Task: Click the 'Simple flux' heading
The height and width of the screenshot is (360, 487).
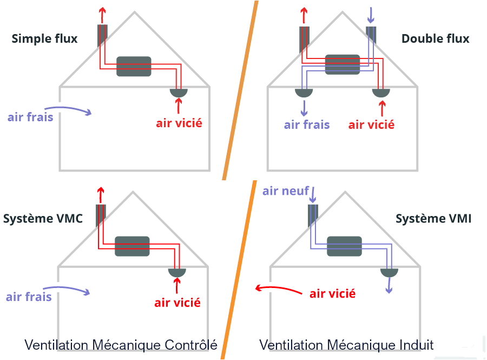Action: pyautogui.click(x=44, y=38)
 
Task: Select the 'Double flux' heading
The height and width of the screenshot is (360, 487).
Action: pyautogui.click(x=435, y=38)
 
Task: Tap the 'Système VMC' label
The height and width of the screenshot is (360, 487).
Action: pyautogui.click(x=43, y=219)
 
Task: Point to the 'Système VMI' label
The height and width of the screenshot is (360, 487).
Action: pyautogui.click(x=433, y=219)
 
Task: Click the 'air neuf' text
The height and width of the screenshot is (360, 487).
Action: pyautogui.click(x=285, y=191)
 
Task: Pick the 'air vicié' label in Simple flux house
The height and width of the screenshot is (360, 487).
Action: pyautogui.click(x=179, y=123)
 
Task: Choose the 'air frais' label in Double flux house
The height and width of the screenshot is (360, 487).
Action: pyautogui.click(x=307, y=125)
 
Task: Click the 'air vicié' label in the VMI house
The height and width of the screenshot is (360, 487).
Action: pyautogui.click(x=332, y=293)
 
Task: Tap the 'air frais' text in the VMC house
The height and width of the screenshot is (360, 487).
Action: pyautogui.click(x=29, y=296)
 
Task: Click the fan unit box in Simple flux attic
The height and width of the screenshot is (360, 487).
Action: pyautogui.click(x=134, y=67)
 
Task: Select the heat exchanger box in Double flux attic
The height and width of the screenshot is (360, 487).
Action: pyautogui.click(x=342, y=64)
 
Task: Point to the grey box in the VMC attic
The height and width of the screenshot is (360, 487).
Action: pyautogui.click(x=132, y=246)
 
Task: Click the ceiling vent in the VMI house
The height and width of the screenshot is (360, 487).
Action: pyautogui.click(x=389, y=272)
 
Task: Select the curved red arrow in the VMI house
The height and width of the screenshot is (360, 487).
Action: pyautogui.click(x=278, y=289)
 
